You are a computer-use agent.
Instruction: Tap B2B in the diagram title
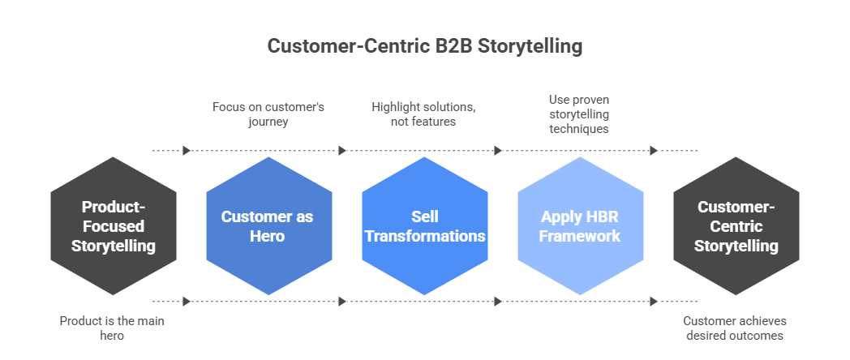point(452,46)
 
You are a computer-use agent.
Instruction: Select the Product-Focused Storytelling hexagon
point(114,226)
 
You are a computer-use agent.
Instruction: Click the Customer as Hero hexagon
point(268,226)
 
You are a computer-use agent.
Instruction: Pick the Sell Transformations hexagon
point(425,226)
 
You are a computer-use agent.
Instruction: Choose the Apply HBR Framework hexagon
point(581,226)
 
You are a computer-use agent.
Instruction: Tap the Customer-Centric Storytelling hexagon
point(736,226)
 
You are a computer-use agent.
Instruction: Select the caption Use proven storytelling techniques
point(579,114)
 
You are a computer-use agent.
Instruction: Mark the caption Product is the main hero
point(112,328)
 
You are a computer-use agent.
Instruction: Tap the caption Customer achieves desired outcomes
point(735,328)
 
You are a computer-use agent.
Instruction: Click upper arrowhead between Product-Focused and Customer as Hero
point(187,150)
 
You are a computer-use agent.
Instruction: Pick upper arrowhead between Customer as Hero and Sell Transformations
point(342,150)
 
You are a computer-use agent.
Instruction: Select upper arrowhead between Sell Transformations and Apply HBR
point(498,150)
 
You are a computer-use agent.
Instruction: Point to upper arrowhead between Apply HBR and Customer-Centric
point(654,150)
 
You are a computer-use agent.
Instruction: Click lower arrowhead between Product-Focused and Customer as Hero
point(187,302)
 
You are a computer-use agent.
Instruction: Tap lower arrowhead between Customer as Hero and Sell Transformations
point(342,302)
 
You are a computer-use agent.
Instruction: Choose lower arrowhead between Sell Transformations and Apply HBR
point(498,302)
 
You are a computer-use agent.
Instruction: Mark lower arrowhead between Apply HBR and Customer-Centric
point(654,302)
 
